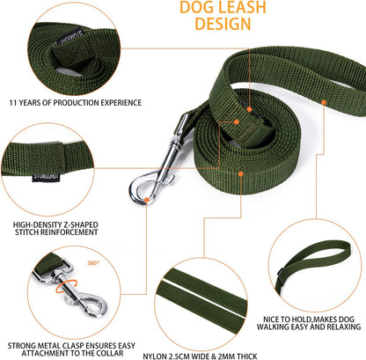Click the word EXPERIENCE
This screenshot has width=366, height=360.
[117, 103]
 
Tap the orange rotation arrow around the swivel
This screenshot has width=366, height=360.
[61, 284]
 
